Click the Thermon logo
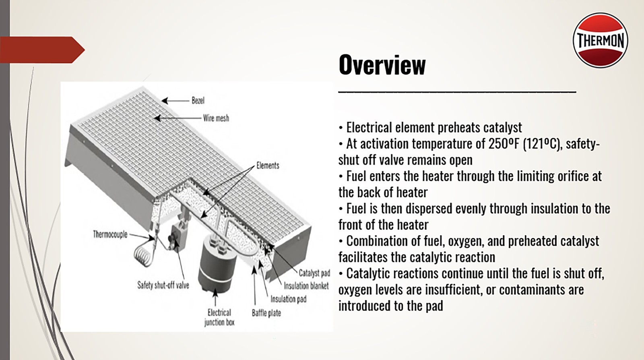pyautogui.click(x=600, y=40)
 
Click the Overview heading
pyautogui.click(x=382, y=65)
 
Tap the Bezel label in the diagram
pyautogui.click(x=198, y=100)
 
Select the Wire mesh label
pyautogui.click(x=216, y=118)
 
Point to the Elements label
pyautogui.click(x=268, y=166)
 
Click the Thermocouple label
pyautogui.click(x=110, y=234)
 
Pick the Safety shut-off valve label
pyautogui.click(x=163, y=285)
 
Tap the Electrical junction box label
pyautogui.click(x=219, y=317)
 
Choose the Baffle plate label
pyautogui.click(x=266, y=313)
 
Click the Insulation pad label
pyautogui.click(x=288, y=299)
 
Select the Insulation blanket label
pyautogui.click(x=306, y=286)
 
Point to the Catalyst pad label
pyautogui.click(x=314, y=273)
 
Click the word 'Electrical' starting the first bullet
pyautogui.click(x=369, y=128)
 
